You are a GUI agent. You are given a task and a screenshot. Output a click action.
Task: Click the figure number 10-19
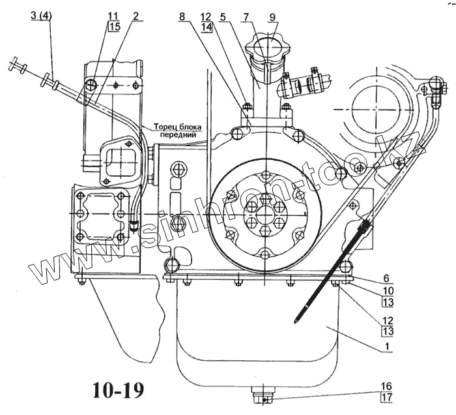119,390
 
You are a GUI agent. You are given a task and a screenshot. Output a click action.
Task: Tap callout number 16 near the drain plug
387,386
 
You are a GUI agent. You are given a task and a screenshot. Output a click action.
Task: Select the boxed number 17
387,397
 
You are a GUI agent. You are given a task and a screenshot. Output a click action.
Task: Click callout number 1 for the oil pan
387,347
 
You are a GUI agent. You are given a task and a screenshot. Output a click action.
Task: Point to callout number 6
386,279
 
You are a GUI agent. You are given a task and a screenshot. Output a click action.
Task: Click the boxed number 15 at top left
114,27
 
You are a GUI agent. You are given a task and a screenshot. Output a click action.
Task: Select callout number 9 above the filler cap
272,17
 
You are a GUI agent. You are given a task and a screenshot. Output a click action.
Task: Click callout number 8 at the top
182,16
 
